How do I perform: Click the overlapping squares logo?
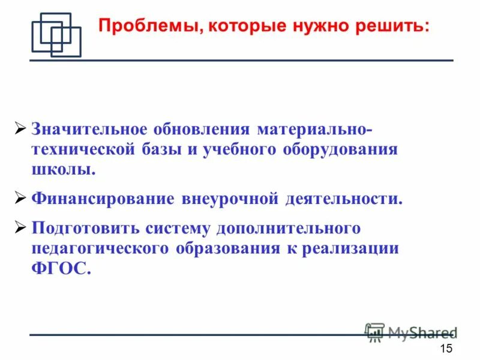pyautogui.click(x=56, y=35)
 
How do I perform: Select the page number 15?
pyautogui.click(x=446, y=350)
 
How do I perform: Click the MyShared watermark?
pyautogui.click(x=412, y=332)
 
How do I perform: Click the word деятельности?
pyautogui.click(x=341, y=199)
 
